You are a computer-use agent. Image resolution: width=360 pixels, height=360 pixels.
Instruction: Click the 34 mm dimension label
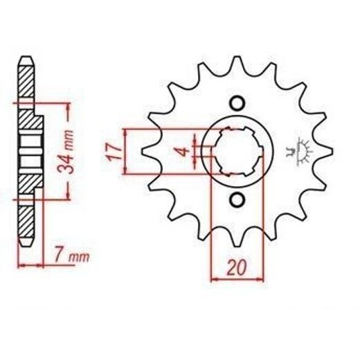66,152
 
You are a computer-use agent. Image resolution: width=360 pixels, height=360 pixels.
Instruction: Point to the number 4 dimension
184,152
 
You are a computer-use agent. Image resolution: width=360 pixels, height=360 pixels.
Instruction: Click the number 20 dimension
237,268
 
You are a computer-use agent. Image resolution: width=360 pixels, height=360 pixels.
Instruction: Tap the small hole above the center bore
237,103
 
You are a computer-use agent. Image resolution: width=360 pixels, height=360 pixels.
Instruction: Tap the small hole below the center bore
237,199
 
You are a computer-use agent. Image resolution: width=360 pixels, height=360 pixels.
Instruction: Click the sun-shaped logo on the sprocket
299,151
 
